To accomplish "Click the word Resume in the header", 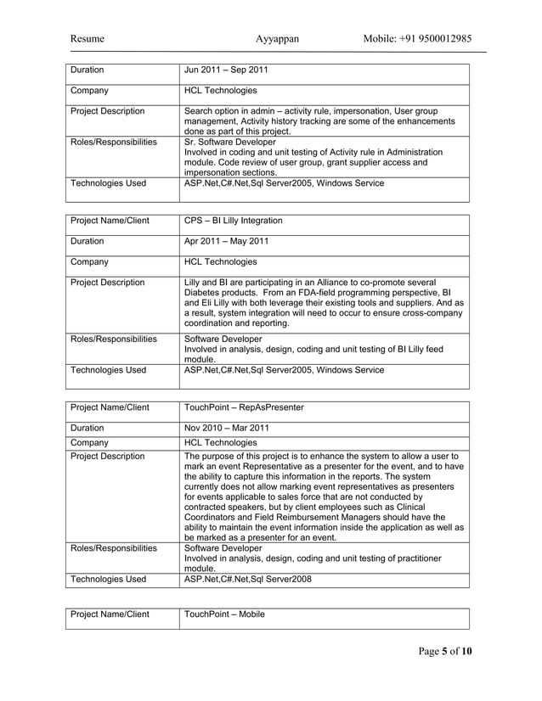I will (x=88, y=39).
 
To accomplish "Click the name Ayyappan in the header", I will (x=277, y=39).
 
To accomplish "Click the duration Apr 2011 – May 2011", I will (x=227, y=241).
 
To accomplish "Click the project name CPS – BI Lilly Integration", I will (x=234, y=221).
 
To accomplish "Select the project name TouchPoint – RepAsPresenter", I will (x=244, y=407).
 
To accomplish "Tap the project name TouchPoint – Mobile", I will (x=224, y=614).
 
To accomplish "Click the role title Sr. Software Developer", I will (x=229, y=143).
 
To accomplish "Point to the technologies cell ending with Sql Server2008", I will (x=248, y=580).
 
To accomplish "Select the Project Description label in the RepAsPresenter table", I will (x=107, y=457).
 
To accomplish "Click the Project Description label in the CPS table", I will (x=107, y=283).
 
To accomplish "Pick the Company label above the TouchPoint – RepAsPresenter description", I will (x=89, y=442).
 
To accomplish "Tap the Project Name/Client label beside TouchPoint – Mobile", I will (x=110, y=614).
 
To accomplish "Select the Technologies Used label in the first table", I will (x=108, y=183).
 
